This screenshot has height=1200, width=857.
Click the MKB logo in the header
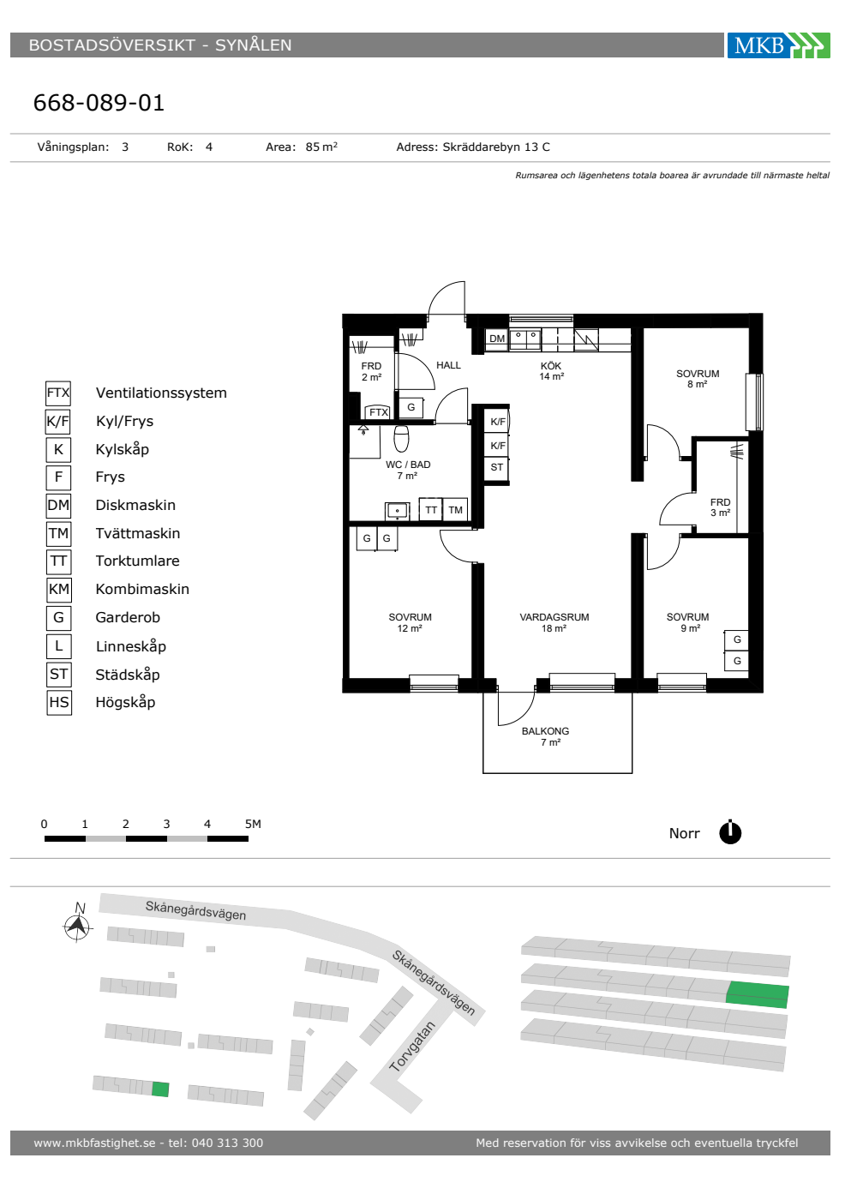[778, 45]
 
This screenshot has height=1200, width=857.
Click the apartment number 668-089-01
[99, 102]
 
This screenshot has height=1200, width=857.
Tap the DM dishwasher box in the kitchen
[496, 339]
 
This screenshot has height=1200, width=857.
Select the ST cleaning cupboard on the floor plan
[496, 467]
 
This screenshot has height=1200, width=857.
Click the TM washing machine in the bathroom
[455, 510]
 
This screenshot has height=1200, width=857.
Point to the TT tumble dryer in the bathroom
[431, 510]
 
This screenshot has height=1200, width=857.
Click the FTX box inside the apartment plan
[379, 412]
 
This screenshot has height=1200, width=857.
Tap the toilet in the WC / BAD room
[401, 438]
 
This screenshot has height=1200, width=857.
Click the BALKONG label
[545, 731]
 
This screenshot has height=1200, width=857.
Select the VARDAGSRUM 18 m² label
[554, 622]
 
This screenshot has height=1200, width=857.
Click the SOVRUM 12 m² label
[410, 622]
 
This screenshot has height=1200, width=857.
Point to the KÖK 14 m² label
[551, 370]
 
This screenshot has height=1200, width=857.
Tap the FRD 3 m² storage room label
[721, 507]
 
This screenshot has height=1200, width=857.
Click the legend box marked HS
[59, 702]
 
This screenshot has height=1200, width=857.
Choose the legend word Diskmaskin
[135, 505]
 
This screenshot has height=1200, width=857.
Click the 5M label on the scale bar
[253, 824]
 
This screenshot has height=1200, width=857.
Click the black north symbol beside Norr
[730, 832]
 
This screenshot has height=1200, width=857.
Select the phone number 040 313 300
[227, 1143]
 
